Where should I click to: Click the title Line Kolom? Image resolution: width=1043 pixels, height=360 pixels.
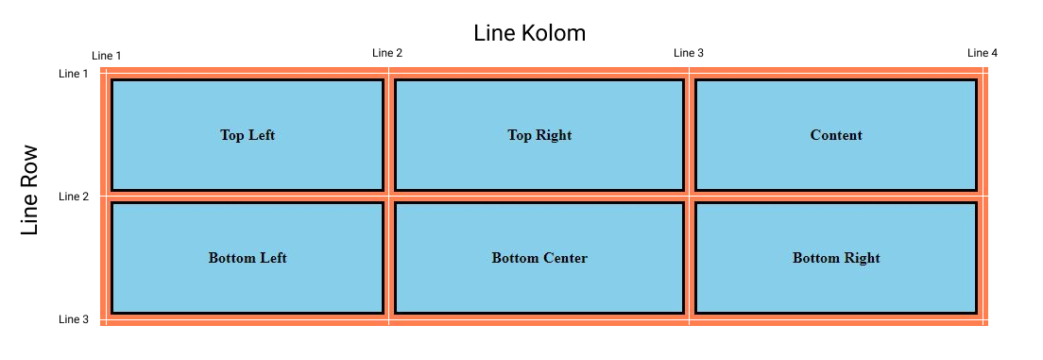click(x=529, y=33)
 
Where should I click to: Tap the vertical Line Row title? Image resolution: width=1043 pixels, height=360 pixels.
click(x=30, y=190)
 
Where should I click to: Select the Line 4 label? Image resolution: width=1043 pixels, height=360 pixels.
click(x=982, y=53)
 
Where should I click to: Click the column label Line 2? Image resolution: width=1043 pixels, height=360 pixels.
click(x=387, y=53)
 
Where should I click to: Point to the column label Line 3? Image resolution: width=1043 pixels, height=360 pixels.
click(x=688, y=53)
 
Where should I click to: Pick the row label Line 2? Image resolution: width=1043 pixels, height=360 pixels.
click(x=74, y=197)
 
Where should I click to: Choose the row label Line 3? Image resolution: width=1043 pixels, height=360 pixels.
click(x=74, y=319)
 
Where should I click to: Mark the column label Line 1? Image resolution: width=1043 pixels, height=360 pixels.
click(x=106, y=57)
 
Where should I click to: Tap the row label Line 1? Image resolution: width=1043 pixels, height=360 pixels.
click(x=74, y=74)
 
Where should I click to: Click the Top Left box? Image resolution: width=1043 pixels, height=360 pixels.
click(x=248, y=135)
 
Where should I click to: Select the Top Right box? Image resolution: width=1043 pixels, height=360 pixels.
click(x=539, y=135)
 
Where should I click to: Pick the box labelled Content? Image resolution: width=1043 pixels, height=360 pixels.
click(x=836, y=135)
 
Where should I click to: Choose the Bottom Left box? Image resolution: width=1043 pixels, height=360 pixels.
click(x=248, y=258)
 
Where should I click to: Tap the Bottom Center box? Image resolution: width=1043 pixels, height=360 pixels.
click(x=539, y=258)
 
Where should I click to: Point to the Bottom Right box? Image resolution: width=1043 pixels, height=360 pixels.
click(x=836, y=258)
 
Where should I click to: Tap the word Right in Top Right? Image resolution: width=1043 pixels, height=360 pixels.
click(x=554, y=135)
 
